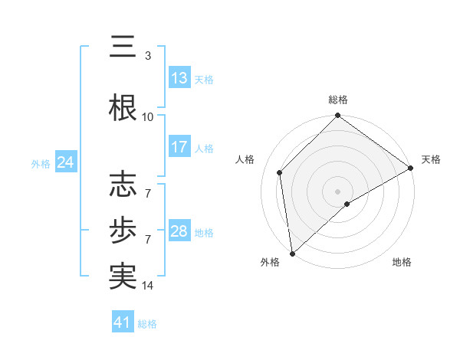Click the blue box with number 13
click(x=179, y=78)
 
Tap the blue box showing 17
click(x=179, y=147)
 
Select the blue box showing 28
click(x=179, y=231)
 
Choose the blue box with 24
click(x=65, y=162)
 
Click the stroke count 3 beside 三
click(x=148, y=56)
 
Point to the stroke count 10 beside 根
click(x=148, y=116)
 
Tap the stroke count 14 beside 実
click(x=148, y=286)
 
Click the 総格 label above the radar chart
click(x=338, y=100)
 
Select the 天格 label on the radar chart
click(x=431, y=159)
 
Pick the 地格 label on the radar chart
click(x=402, y=262)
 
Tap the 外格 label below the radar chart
click(x=270, y=262)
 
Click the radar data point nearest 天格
click(x=411, y=169)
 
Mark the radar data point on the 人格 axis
click(x=280, y=172)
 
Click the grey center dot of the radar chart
click(x=338, y=191)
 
